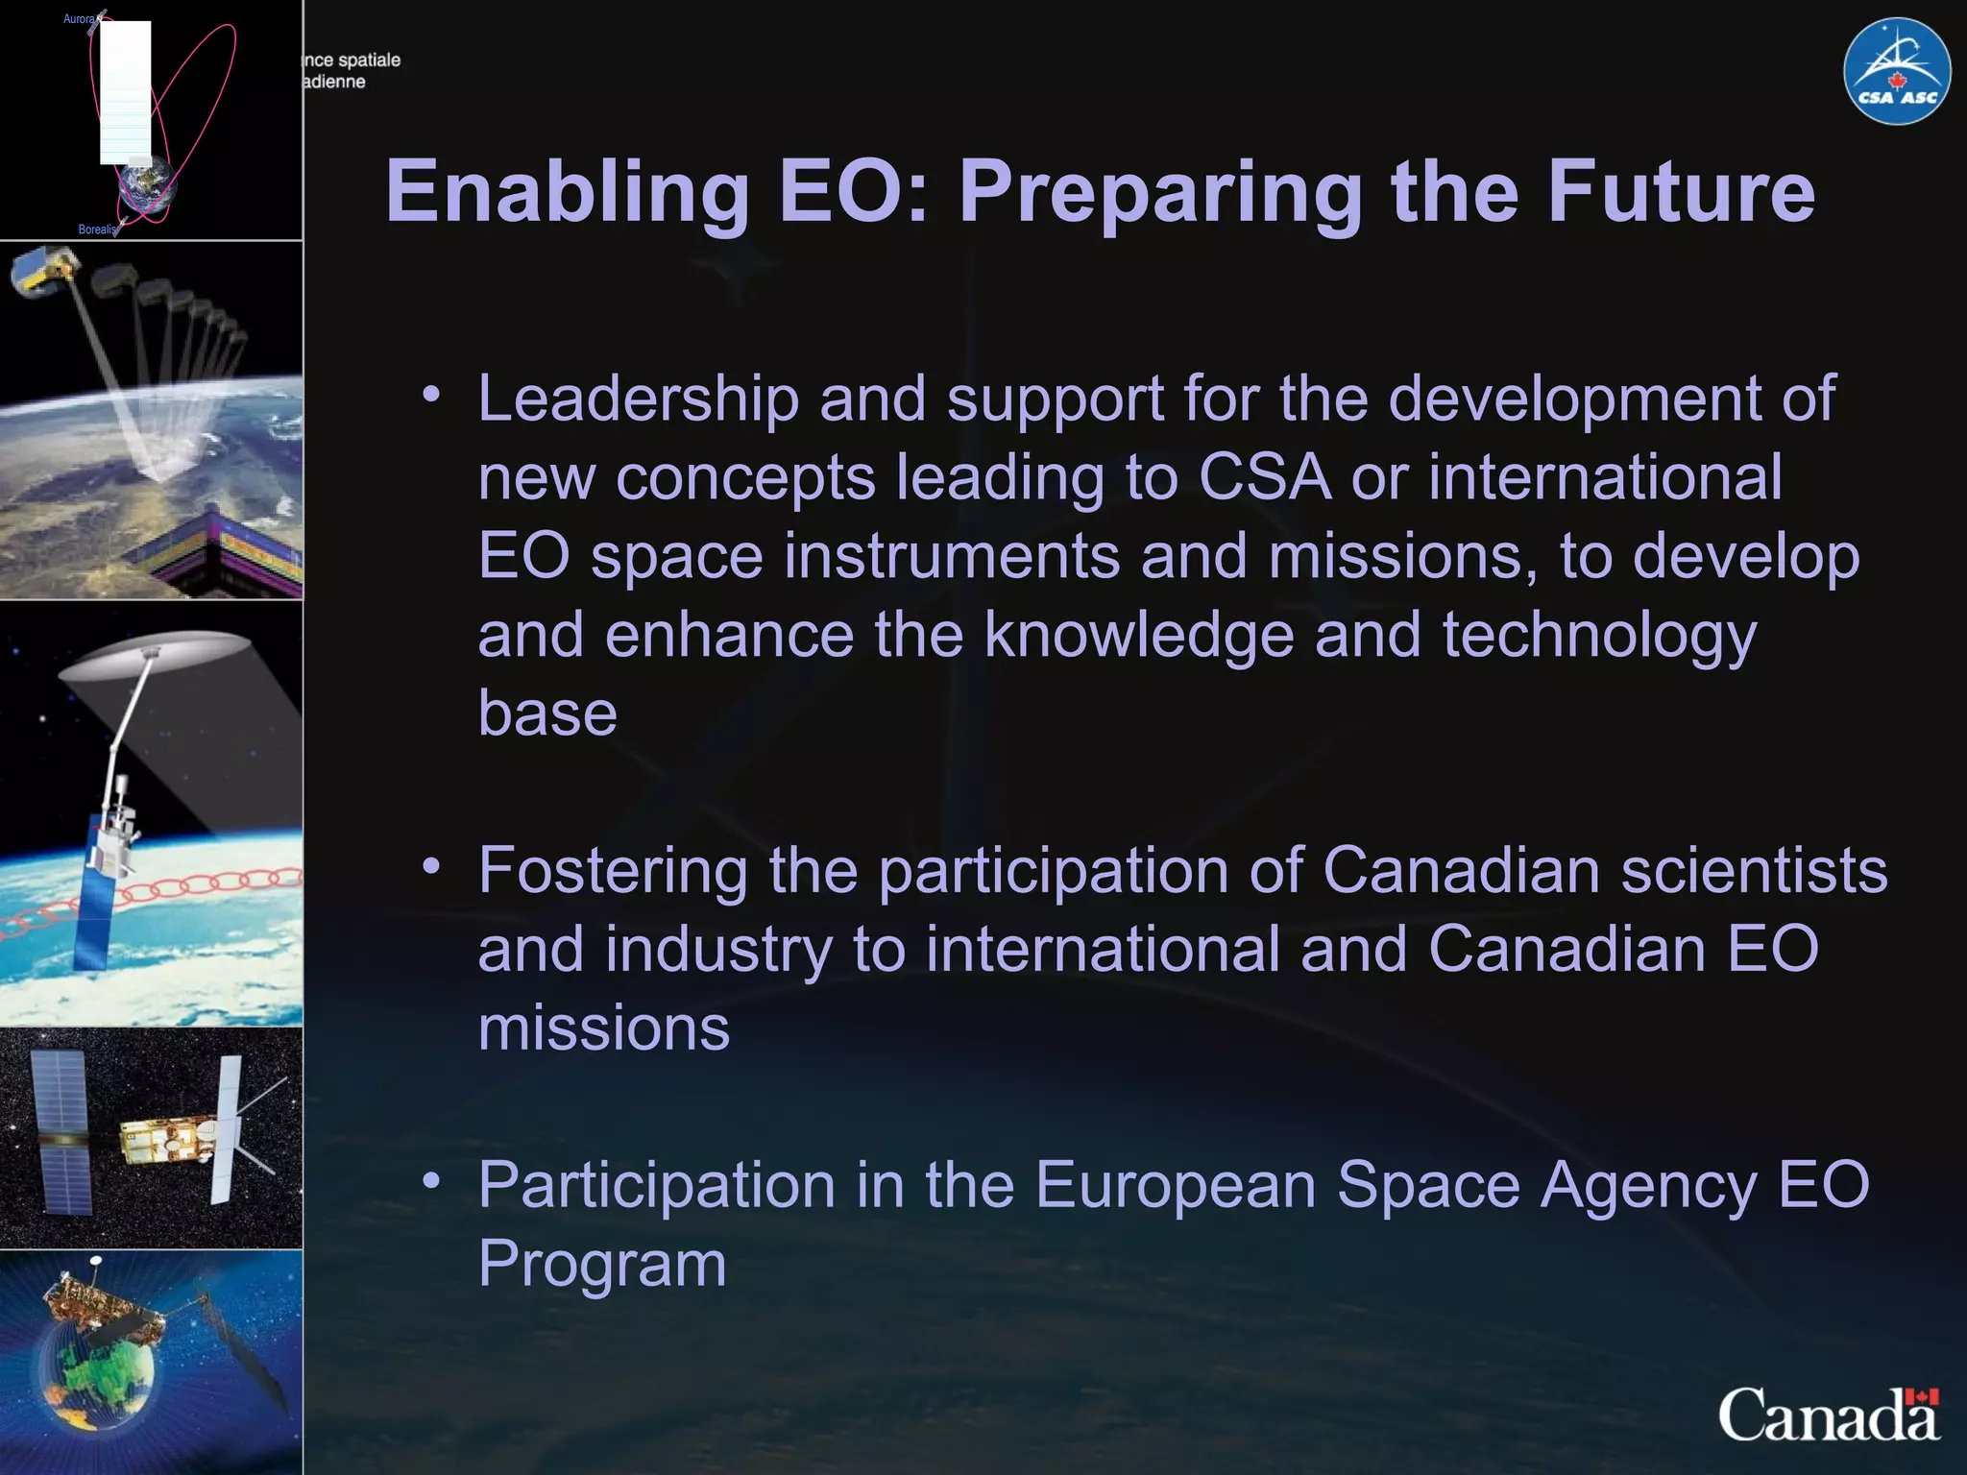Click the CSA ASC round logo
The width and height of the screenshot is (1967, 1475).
[1896, 71]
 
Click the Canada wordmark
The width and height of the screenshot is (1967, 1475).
[1828, 1415]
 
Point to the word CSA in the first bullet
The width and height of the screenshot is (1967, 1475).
[1265, 476]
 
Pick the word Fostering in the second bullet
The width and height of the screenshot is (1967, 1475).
[613, 870]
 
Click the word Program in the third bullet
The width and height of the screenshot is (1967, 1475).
[602, 1264]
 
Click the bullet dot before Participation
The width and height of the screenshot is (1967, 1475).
[431, 1179]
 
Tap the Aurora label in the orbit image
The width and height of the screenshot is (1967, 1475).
[79, 19]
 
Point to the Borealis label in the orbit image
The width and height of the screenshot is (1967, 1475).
[97, 230]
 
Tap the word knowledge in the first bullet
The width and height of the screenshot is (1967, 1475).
[1139, 635]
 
